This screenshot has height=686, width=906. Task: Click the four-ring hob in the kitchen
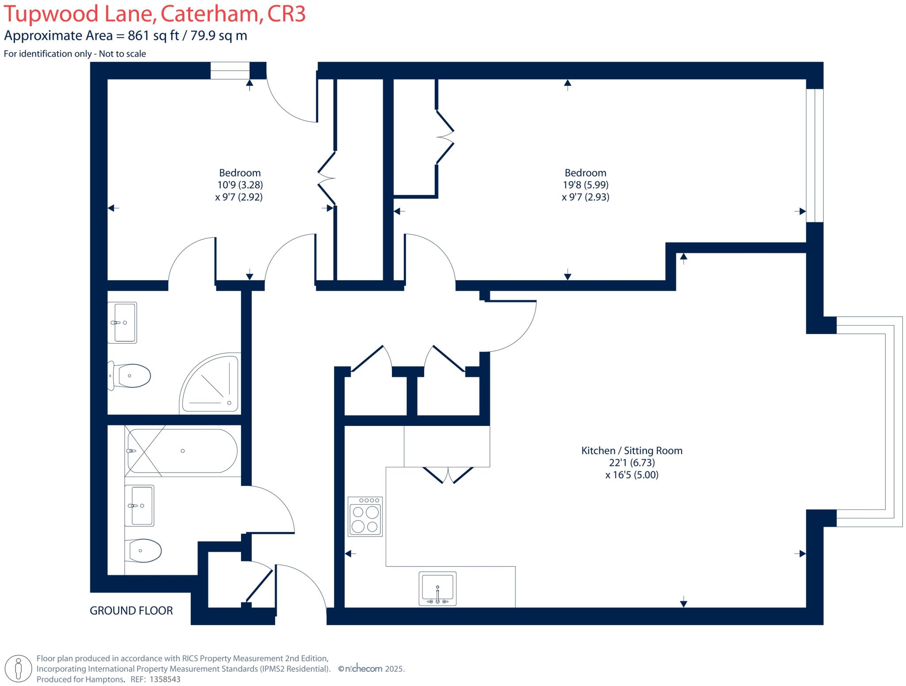pos(365,516)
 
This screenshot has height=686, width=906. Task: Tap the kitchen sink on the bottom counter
pos(437,589)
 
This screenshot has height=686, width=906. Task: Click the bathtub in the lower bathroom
pos(182,451)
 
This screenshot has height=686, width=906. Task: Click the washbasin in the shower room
pos(123,322)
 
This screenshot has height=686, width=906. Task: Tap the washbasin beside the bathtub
pos(139,506)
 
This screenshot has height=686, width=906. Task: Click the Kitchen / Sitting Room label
pos(631,451)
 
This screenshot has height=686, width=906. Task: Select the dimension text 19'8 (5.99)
pos(585,185)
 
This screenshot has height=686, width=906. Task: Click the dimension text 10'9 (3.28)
pos(240,185)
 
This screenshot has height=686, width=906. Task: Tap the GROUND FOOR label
pos(131,611)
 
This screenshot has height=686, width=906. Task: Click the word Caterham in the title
pos(209,14)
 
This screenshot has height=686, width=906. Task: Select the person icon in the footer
pos(18,668)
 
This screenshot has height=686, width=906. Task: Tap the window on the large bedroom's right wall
pos(814,155)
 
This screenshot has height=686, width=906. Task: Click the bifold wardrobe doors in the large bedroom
pos(445,137)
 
